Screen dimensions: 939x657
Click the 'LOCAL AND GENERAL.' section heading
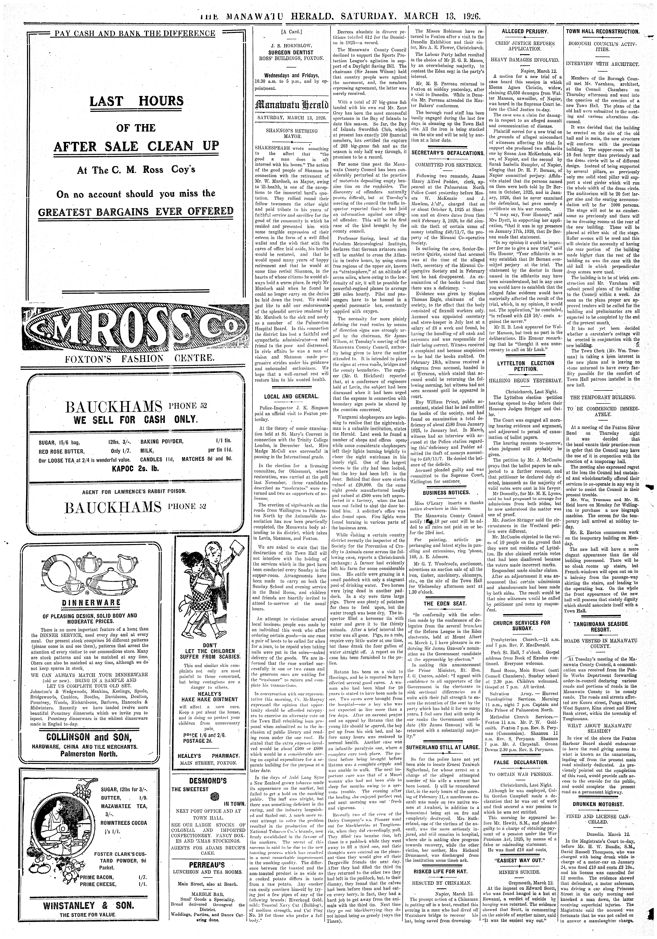pyautogui.click(x=291, y=396)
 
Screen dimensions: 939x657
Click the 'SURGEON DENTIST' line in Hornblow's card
pyautogui.click(x=291, y=52)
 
